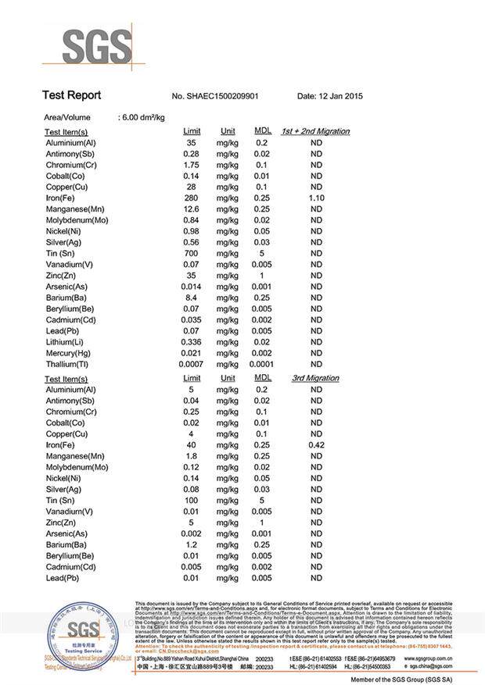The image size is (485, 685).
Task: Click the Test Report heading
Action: click(x=71, y=95)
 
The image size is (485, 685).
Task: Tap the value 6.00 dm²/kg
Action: click(x=142, y=117)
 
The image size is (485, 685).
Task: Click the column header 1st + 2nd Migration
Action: click(x=315, y=131)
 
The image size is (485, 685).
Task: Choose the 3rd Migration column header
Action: click(x=315, y=378)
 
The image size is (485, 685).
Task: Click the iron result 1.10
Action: click(x=317, y=198)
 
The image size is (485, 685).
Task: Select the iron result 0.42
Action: click(x=317, y=445)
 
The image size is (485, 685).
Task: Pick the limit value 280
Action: click(x=191, y=198)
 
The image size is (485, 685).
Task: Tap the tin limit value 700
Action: click(x=191, y=254)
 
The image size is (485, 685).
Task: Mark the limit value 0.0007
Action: click(x=191, y=364)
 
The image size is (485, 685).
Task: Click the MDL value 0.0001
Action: click(x=261, y=364)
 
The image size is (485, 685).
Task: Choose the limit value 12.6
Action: click(x=191, y=209)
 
